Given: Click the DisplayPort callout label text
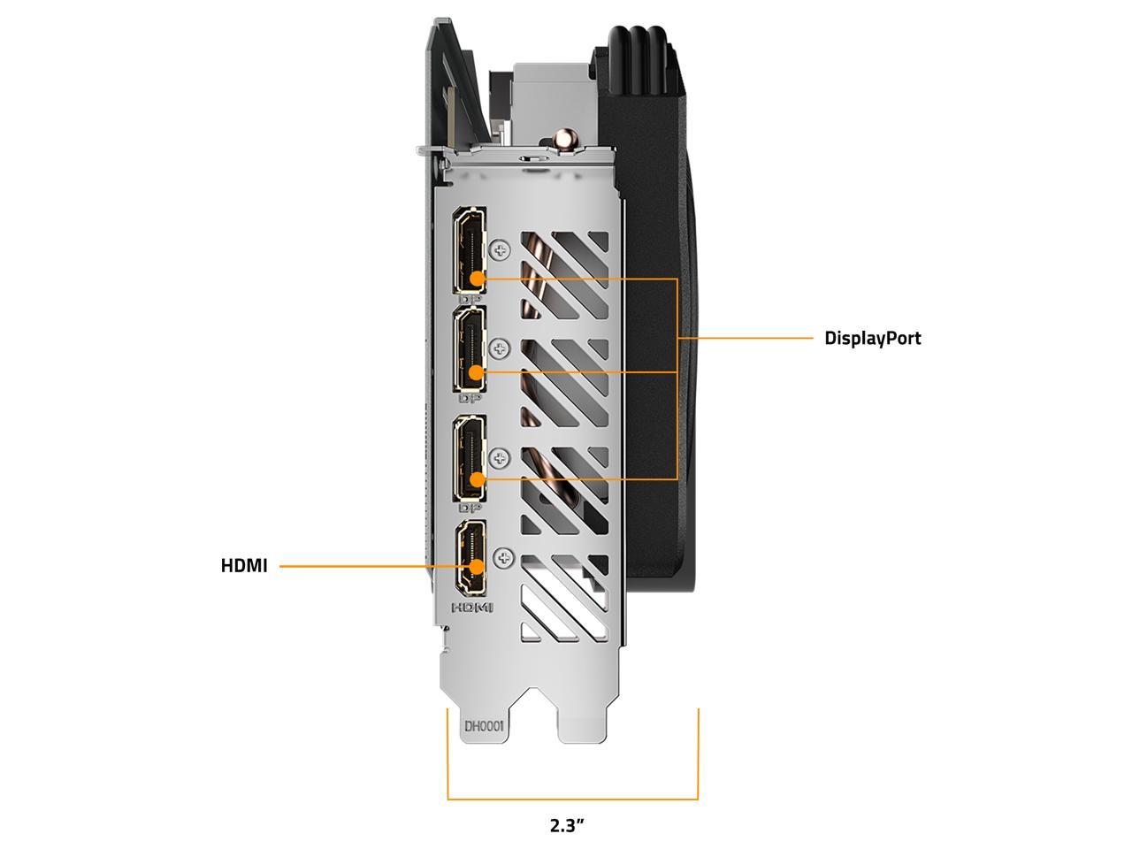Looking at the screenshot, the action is [x=872, y=339].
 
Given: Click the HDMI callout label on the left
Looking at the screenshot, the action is [x=244, y=566].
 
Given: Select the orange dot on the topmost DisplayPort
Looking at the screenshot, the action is [x=478, y=279].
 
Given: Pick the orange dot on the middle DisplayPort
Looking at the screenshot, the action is [x=477, y=371].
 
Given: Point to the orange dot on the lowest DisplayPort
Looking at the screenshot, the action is [x=478, y=479].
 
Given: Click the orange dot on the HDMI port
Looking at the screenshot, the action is [x=478, y=567].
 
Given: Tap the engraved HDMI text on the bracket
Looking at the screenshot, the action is [x=472, y=608].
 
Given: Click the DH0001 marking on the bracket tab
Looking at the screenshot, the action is [x=484, y=727].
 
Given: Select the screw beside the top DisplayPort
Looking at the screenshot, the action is [x=500, y=251].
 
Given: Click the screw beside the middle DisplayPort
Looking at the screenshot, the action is [x=500, y=349].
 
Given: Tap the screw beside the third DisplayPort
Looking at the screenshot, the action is [x=500, y=458].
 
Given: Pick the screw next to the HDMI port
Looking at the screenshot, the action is [x=504, y=558].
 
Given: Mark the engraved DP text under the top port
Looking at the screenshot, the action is [x=470, y=298].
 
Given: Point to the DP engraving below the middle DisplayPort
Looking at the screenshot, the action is [x=470, y=399].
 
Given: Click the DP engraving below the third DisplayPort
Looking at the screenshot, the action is [x=470, y=509].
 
